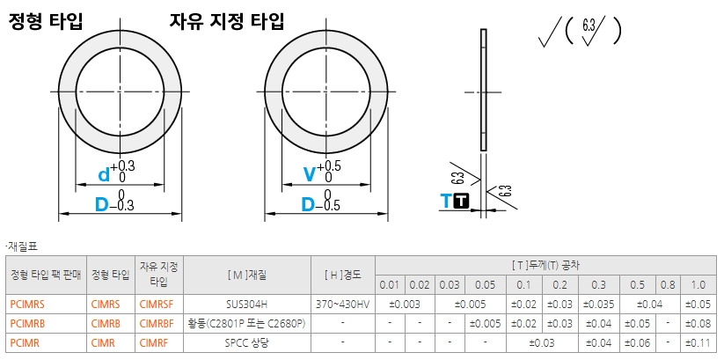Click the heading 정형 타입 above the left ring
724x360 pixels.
tap(46, 21)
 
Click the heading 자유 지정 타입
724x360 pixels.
tap(226, 21)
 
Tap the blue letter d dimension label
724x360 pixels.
tap(105, 174)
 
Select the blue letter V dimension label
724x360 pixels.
tap(309, 174)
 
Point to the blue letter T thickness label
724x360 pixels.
tap(446, 202)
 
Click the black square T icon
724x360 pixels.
tap(461, 202)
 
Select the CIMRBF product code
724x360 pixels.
tap(157, 324)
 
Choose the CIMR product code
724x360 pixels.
tap(103, 343)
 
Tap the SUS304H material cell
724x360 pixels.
tap(246, 304)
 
